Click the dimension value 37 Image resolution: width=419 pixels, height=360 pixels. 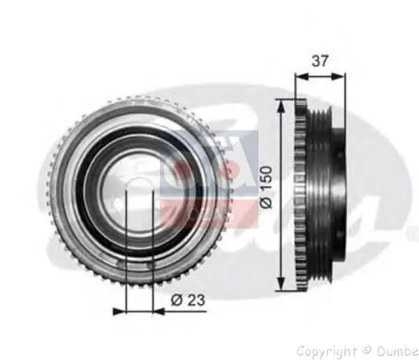click(x=321, y=61)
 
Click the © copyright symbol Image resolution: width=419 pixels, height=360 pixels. click(x=365, y=350)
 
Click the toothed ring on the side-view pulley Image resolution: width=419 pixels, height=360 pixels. click(x=302, y=196)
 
